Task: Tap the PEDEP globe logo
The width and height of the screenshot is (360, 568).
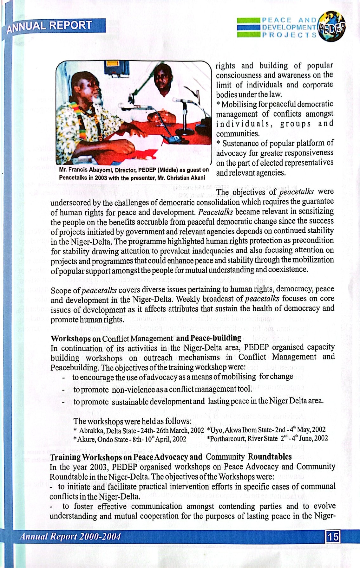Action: click(x=331, y=27)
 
